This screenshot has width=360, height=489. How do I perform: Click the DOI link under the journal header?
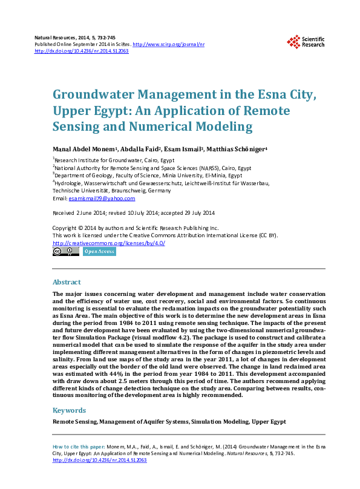click(x=82, y=51)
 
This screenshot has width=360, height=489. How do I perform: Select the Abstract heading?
click(x=67, y=282)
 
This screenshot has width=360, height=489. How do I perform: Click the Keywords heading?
click(x=69, y=410)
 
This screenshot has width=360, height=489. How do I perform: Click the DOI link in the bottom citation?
click(x=100, y=460)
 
